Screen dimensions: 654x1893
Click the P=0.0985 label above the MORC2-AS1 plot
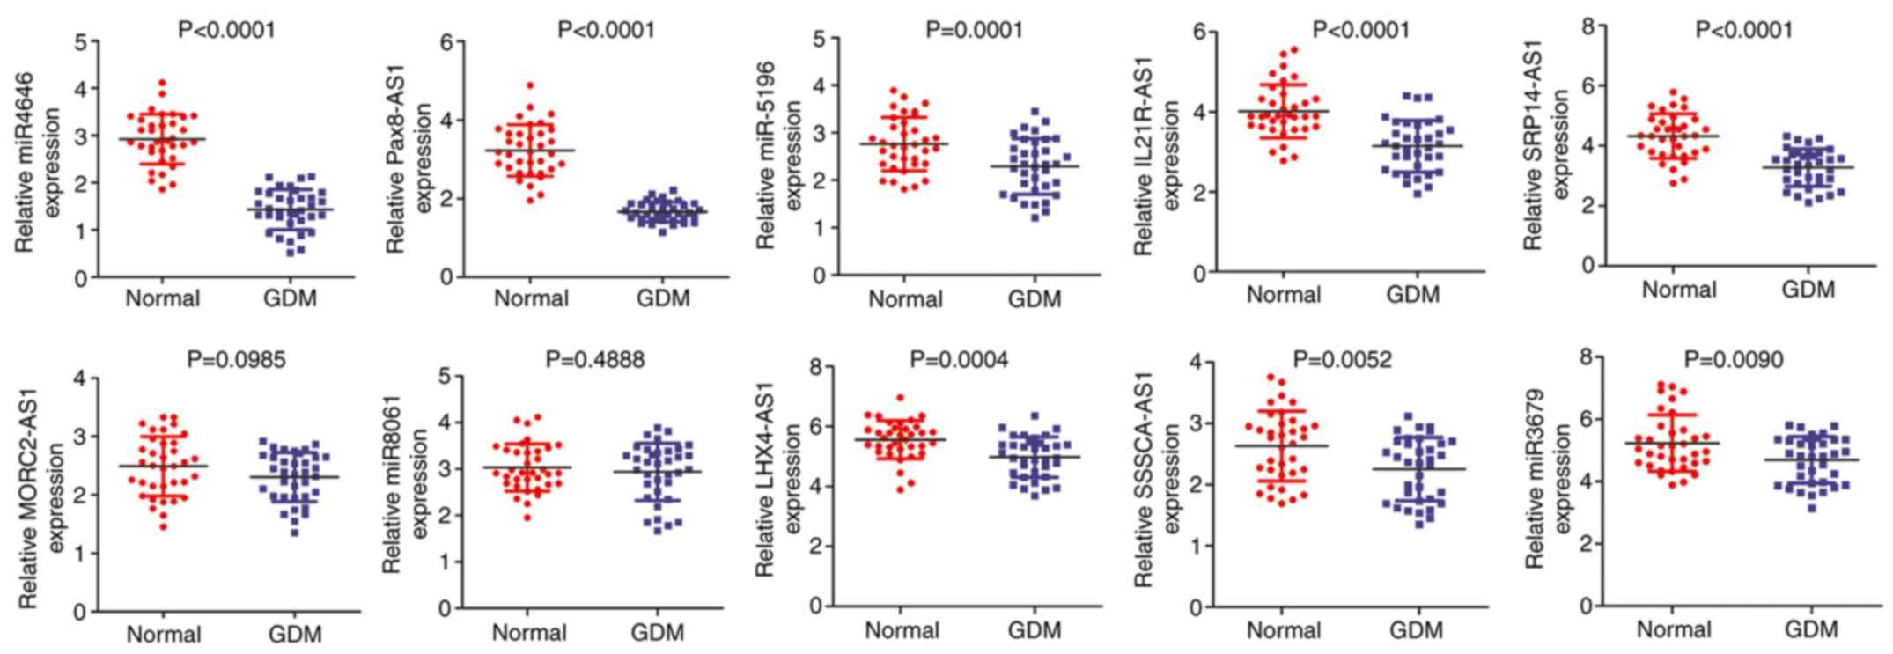(236, 359)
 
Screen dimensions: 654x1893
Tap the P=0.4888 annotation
(595, 359)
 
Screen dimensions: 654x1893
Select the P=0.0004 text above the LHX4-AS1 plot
(960, 359)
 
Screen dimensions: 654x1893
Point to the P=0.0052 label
(1343, 359)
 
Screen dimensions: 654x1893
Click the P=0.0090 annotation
(1734, 359)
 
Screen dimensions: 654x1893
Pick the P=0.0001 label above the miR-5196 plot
(974, 30)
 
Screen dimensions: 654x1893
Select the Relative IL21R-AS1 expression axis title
(1156, 155)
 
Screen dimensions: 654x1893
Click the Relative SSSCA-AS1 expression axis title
(1156, 481)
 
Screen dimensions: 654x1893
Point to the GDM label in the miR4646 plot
(290, 298)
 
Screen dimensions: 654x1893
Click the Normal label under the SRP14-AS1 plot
(1679, 290)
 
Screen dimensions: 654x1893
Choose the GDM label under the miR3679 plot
(1811, 629)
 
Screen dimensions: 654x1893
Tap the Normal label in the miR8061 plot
(528, 632)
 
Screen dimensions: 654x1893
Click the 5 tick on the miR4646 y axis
(82, 41)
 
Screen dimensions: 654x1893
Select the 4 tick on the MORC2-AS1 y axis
(82, 378)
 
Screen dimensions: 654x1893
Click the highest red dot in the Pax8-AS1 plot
(530, 86)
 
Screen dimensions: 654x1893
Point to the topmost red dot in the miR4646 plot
(162, 84)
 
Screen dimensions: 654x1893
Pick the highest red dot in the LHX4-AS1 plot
(900, 399)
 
